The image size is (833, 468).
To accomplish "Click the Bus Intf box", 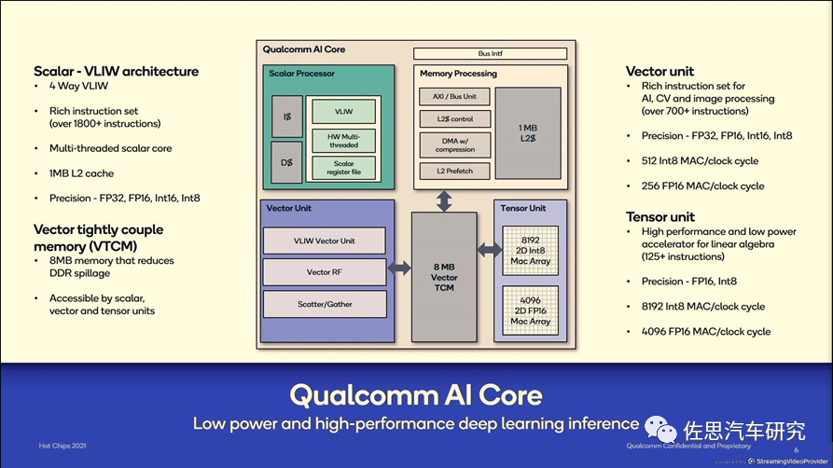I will click(x=490, y=54).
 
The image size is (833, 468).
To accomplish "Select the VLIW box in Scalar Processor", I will click(x=343, y=111).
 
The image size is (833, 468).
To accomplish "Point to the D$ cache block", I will click(x=285, y=163).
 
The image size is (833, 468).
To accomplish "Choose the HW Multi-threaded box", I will click(x=343, y=140).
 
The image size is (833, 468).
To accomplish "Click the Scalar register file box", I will click(x=343, y=168).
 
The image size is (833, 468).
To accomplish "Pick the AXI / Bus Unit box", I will click(x=454, y=97).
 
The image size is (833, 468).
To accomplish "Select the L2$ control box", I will click(x=454, y=119).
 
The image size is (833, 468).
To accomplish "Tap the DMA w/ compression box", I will click(x=454, y=145).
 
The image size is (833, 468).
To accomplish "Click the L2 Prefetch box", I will click(x=454, y=170).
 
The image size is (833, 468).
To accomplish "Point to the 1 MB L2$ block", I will click(x=527, y=132).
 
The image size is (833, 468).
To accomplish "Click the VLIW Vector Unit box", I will click(x=324, y=241).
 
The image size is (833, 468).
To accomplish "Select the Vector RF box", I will click(x=324, y=272).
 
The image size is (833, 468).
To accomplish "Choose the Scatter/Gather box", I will click(x=324, y=304).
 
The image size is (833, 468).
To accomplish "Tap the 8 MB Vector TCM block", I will click(x=444, y=277).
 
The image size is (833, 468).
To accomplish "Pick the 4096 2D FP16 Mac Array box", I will click(x=530, y=310).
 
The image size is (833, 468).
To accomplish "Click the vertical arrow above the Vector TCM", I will click(x=444, y=200).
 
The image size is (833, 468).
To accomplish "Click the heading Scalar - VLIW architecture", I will click(x=116, y=72).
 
